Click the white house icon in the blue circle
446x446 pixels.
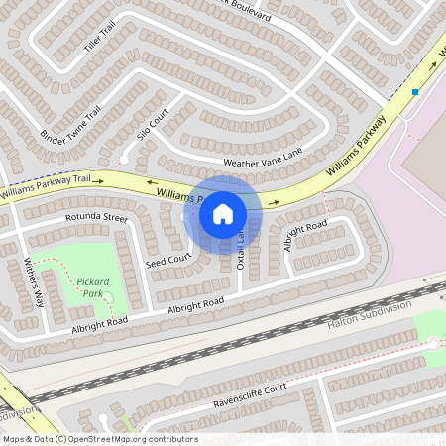point(223,213)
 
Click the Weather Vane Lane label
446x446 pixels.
point(262,160)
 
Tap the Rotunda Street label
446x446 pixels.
point(96,216)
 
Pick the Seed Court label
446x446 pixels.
point(167,261)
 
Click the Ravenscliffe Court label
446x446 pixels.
point(250,396)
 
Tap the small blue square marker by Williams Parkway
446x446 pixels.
point(415,91)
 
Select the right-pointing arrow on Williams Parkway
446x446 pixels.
point(274,201)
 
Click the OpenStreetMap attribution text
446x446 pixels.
point(99,439)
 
